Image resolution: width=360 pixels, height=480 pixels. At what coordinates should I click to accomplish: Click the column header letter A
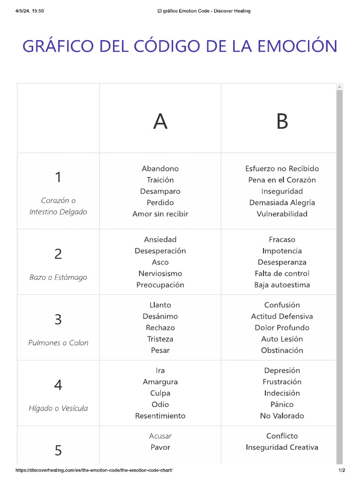(160, 121)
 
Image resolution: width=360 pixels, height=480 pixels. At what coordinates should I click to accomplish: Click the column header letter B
(282, 121)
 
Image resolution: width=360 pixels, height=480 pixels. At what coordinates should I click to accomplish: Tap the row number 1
(58, 177)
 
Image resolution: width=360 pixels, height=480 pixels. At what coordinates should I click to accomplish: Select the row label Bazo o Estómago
(58, 277)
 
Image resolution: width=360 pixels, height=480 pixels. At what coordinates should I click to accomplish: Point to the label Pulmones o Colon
(58, 343)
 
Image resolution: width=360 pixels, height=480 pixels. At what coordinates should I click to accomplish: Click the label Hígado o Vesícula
(58, 408)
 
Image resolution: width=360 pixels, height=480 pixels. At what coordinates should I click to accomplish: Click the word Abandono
(160, 169)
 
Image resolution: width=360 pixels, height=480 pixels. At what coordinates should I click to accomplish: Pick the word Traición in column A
(160, 180)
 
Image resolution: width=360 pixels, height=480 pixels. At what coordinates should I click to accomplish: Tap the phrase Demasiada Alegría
(282, 202)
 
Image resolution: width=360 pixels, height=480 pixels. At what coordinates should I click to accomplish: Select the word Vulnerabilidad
(282, 214)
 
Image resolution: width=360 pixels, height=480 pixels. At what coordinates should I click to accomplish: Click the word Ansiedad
(160, 240)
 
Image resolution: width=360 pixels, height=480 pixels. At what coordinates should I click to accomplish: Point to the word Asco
(160, 262)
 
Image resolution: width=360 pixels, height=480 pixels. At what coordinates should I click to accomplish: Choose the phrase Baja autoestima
(282, 285)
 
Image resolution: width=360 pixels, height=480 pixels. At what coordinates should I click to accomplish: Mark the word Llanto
(160, 305)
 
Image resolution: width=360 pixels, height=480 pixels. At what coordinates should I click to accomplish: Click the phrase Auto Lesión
(282, 339)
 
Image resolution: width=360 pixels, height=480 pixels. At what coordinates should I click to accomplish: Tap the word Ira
(160, 371)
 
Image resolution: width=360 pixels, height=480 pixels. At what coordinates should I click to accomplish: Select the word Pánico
(282, 405)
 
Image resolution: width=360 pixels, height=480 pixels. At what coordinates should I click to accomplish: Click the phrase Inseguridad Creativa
(282, 447)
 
